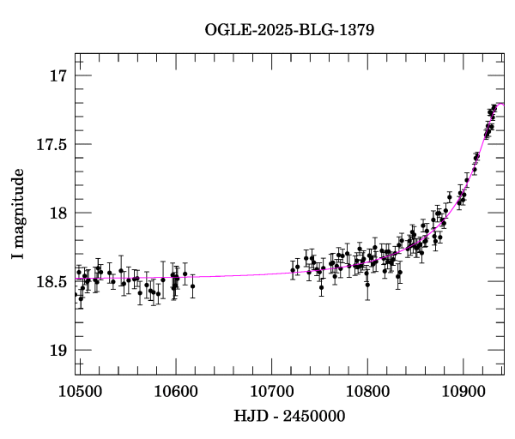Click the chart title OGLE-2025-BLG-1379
pyautogui.click(x=289, y=30)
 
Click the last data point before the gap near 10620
pyautogui.click(x=193, y=286)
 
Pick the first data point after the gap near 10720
pyautogui.click(x=293, y=270)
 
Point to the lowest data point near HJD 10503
pyautogui.click(x=81, y=298)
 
